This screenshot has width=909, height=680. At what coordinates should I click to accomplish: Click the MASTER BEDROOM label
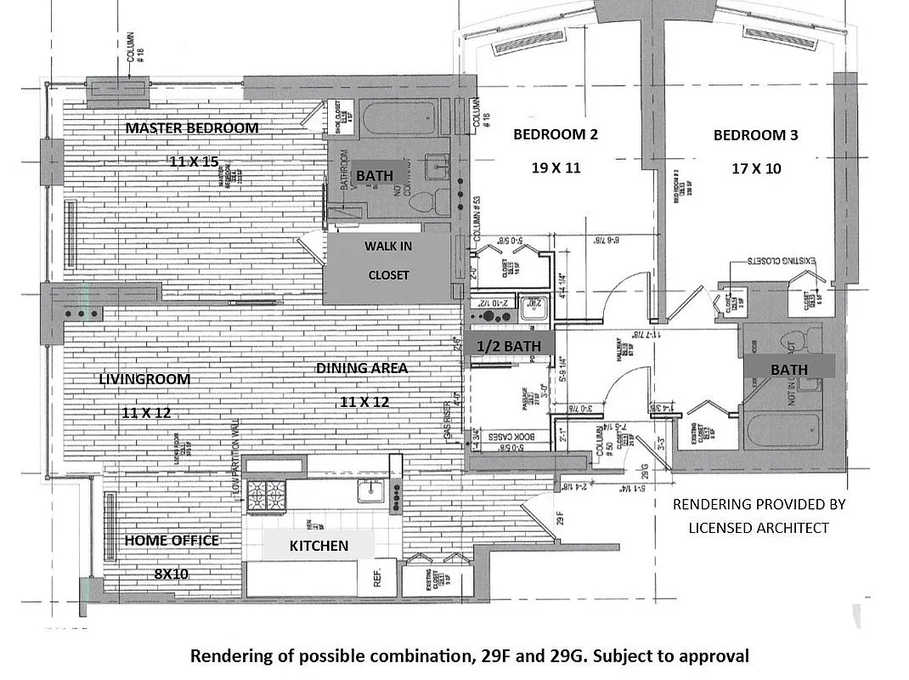click(192, 128)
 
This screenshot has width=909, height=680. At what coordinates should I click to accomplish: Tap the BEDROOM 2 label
click(549, 134)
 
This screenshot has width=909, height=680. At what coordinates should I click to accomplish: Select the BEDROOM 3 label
click(755, 135)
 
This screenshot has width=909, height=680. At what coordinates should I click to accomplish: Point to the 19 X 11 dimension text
click(556, 168)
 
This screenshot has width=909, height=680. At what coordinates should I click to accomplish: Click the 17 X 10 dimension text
click(756, 168)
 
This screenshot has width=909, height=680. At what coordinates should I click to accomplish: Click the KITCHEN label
click(319, 546)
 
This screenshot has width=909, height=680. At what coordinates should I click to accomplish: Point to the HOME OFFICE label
click(172, 541)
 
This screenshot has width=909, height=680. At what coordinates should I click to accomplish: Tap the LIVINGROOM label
click(144, 379)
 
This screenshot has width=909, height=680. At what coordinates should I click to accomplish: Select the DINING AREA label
click(362, 368)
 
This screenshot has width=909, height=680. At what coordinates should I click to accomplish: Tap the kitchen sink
click(371, 491)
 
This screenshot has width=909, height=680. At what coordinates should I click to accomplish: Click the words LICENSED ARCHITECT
click(758, 528)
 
